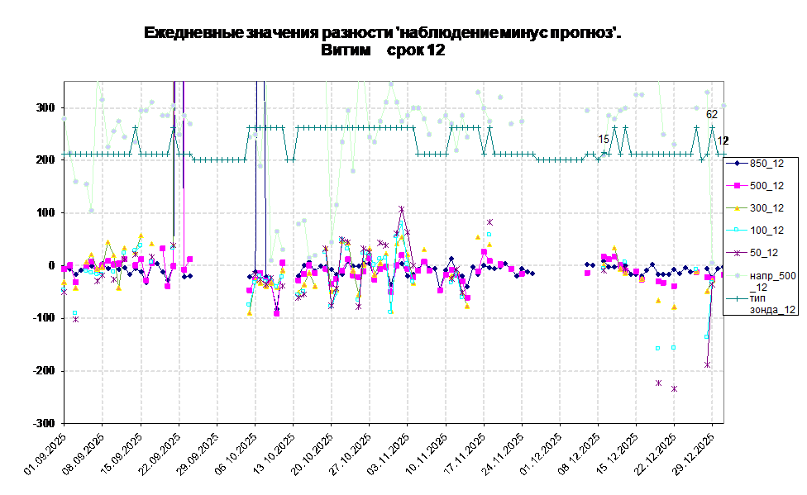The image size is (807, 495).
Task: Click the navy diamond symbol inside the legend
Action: tap(736, 164)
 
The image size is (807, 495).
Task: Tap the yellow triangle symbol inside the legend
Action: tap(736, 208)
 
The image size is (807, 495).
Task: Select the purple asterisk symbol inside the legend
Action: tap(736, 253)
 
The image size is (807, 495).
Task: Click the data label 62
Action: tap(711, 114)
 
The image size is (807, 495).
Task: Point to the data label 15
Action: tap(604, 139)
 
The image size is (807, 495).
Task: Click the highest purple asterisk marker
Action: tap(402, 209)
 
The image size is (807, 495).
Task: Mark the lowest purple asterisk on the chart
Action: tap(675, 388)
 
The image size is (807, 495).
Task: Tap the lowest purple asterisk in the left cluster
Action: tap(75, 319)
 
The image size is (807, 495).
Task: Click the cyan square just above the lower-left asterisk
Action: tap(75, 312)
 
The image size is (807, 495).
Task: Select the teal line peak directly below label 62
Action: tap(711, 127)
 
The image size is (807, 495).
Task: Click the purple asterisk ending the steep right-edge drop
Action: tap(708, 364)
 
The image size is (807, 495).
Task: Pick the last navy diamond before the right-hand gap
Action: tap(532, 273)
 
